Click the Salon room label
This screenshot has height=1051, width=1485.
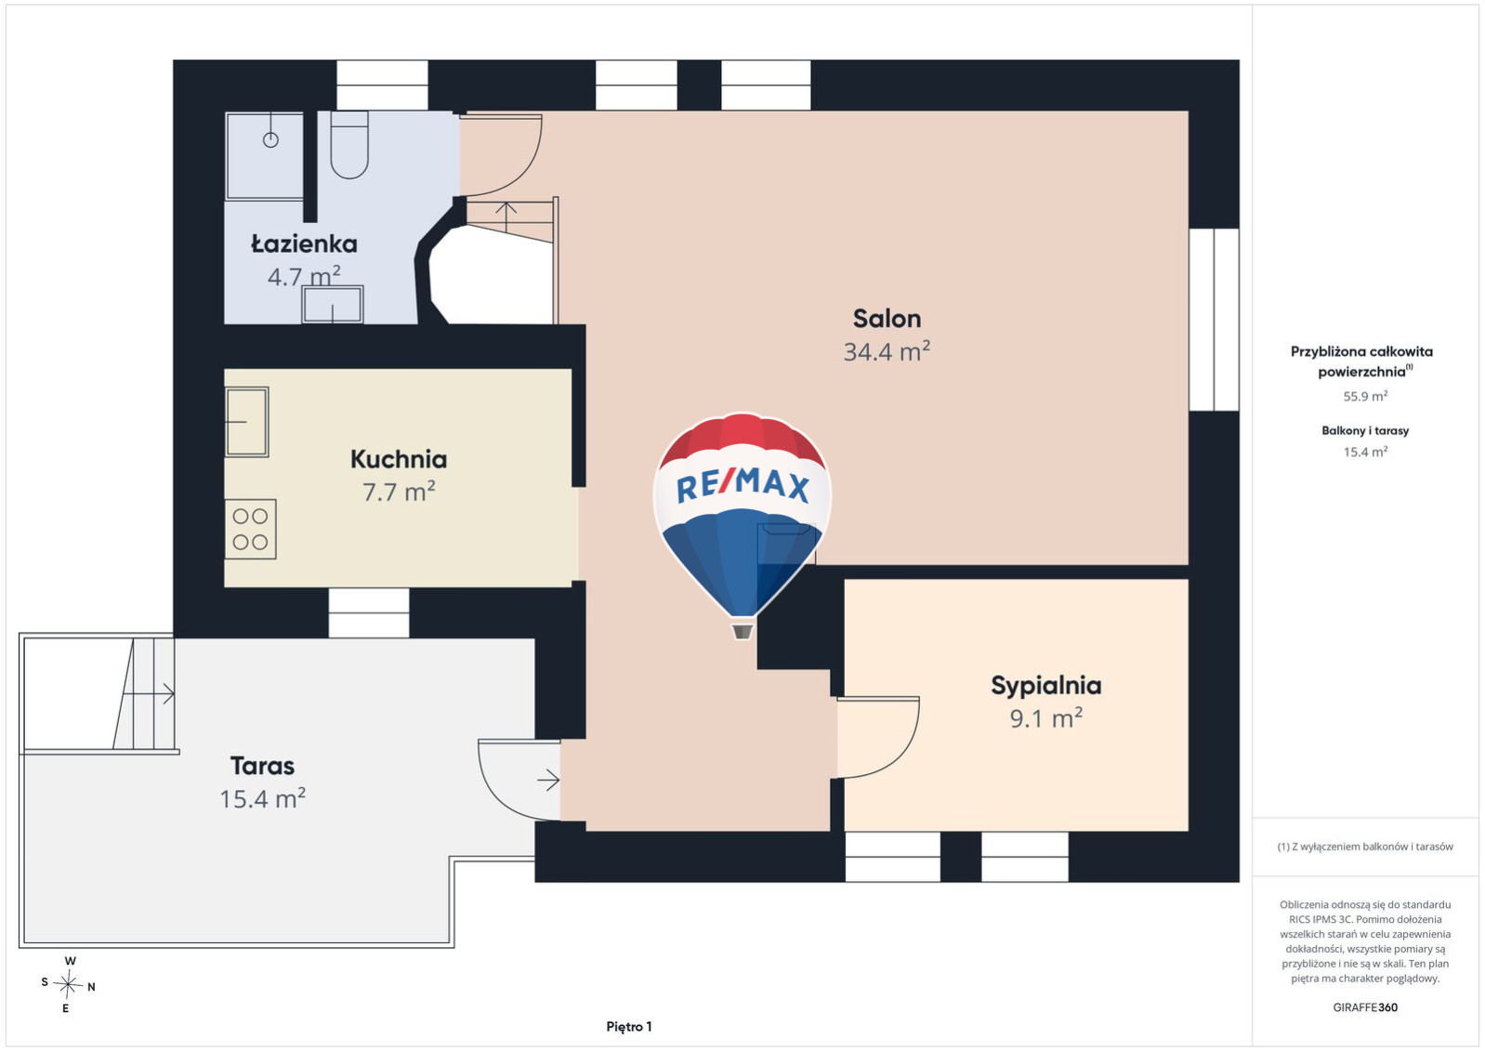click(887, 319)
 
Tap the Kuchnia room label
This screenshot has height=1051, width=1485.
click(399, 459)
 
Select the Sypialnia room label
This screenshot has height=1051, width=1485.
click(1046, 686)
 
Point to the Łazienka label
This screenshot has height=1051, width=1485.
click(304, 244)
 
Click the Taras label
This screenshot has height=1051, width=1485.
click(263, 766)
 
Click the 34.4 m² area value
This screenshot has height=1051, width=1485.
click(887, 351)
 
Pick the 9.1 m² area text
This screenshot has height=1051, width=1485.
click(1046, 718)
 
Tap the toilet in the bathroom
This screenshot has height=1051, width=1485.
click(349, 145)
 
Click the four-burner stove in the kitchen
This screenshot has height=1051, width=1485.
click(250, 529)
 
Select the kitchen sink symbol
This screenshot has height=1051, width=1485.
click(246, 422)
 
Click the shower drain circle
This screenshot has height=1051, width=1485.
click(270, 140)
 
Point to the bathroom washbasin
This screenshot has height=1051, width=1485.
click(333, 305)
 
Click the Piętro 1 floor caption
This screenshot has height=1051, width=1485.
click(629, 1027)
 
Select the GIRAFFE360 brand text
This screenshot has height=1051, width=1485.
click(1365, 1007)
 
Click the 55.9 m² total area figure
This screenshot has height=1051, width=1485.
click(1365, 396)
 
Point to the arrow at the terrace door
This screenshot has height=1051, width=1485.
click(548, 781)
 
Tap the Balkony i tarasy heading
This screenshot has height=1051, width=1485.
click(1365, 430)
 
